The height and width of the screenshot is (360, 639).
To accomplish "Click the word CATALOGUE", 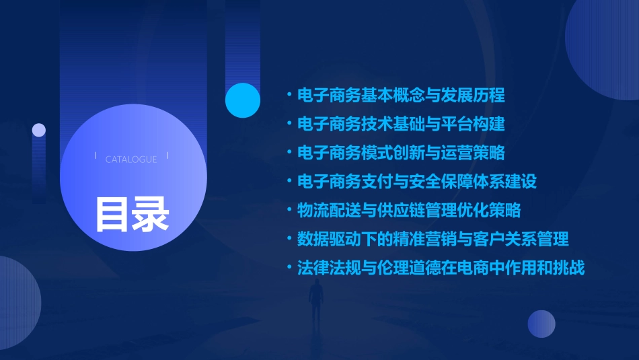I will (x=131, y=159).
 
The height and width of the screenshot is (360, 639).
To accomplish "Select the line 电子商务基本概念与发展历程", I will (x=401, y=95).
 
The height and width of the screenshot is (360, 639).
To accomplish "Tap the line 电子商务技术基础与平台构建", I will (x=401, y=124).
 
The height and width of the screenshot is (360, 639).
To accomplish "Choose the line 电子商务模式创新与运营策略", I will (x=401, y=153).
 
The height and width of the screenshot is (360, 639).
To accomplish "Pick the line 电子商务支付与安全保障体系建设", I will (x=417, y=182).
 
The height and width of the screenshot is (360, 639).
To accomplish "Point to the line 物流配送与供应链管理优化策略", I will (x=409, y=211).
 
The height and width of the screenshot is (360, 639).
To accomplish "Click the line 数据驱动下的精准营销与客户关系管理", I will (x=433, y=239).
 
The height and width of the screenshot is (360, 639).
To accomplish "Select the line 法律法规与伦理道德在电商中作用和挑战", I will (x=441, y=268).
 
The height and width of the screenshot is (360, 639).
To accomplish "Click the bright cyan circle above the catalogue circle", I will (x=243, y=100).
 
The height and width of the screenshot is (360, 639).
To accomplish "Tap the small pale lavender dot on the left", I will (x=39, y=130).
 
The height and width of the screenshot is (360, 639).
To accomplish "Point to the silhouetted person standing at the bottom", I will (x=315, y=303).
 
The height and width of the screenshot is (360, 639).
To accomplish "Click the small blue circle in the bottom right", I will (x=541, y=324).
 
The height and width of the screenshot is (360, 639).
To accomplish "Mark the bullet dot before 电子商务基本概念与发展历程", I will (x=289, y=95).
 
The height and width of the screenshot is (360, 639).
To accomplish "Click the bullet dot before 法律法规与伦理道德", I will (x=289, y=268).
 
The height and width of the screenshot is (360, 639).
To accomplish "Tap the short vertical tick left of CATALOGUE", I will (x=96, y=156).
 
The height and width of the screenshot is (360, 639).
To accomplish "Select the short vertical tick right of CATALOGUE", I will (x=167, y=156).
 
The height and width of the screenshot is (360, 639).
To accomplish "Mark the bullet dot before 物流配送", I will (x=289, y=211).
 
